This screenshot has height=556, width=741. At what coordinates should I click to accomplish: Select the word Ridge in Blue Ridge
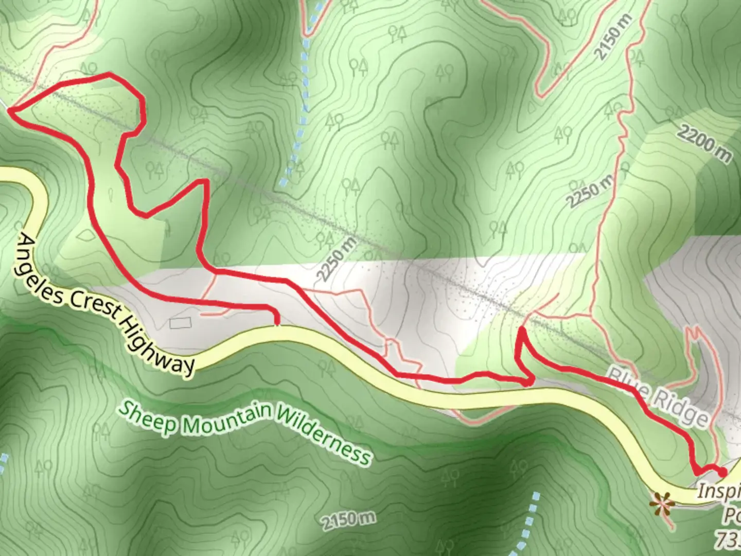point(682,410)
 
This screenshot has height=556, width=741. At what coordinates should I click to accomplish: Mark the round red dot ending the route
point(723,472)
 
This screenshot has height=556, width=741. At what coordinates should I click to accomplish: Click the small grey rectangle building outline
point(180,323)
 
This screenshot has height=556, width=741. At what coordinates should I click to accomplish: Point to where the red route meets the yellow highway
point(277,324)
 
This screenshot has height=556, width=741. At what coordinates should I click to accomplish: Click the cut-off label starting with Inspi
point(718,491)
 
